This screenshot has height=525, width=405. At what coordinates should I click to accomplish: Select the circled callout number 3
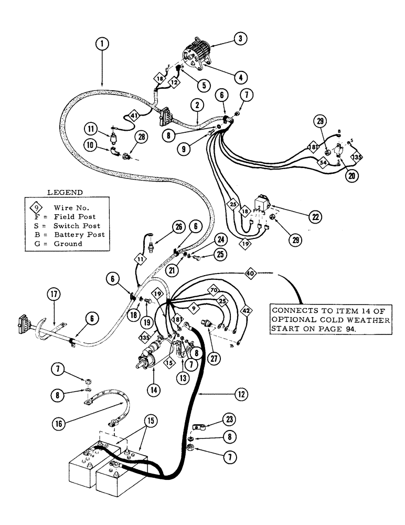click(240, 38)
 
